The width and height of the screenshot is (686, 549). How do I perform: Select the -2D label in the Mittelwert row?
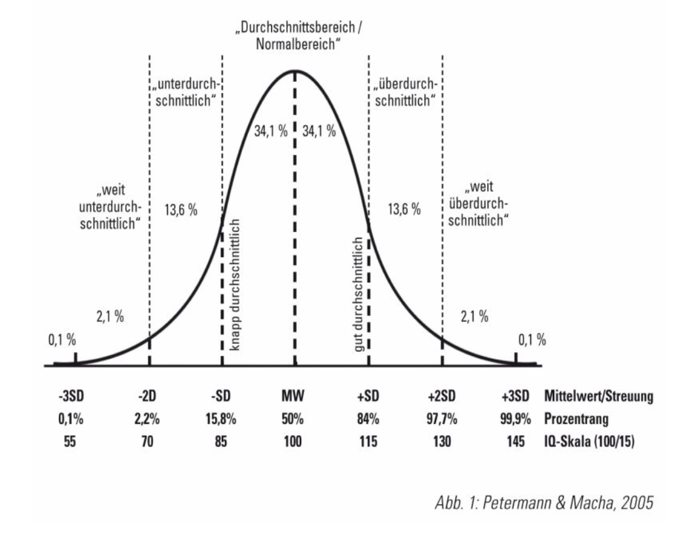point(149,396)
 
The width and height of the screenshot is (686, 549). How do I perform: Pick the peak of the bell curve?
point(294,71)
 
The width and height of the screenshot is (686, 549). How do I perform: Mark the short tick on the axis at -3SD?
point(75,358)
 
